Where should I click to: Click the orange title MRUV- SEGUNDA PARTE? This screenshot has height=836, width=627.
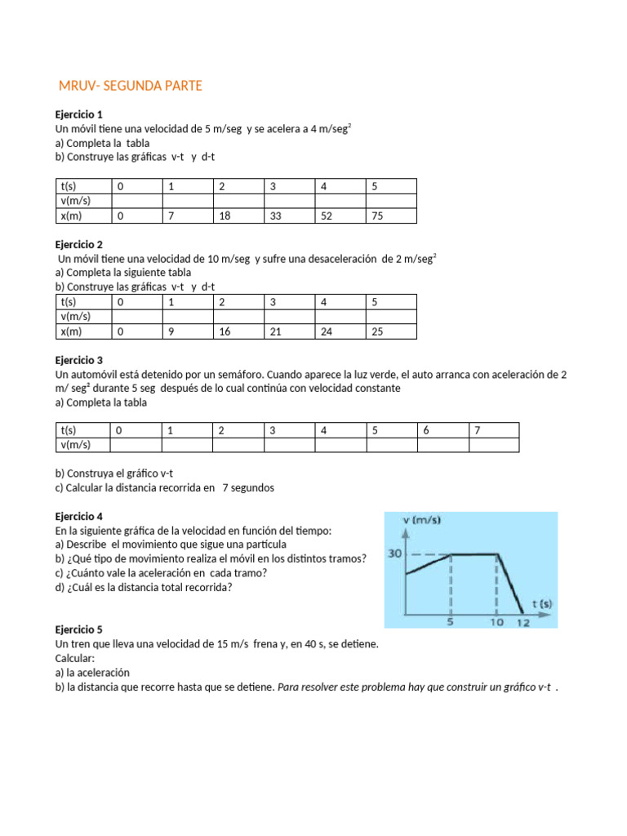130,86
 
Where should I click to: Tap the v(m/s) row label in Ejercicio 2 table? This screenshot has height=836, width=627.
76,317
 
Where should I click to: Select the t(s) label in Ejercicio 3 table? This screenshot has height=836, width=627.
69,430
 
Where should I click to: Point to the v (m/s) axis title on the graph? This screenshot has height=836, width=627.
422,521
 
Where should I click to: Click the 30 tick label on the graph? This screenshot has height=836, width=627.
394,554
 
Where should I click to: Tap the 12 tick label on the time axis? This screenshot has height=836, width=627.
523,623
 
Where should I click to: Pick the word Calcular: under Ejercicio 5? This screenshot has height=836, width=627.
75,658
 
